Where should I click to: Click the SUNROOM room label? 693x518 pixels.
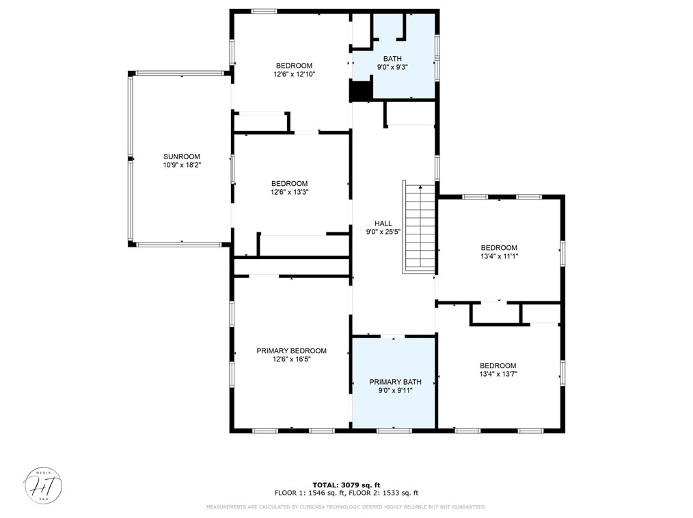pos(181,156)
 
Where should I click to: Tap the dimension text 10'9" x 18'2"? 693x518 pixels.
pos(181,165)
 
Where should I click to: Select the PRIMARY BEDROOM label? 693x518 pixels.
pos(291,351)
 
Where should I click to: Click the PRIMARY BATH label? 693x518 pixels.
pos(395,382)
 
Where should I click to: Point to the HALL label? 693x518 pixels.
pos(383,223)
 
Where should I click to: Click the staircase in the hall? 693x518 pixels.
pos(420,228)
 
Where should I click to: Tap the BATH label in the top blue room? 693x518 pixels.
pos(392,59)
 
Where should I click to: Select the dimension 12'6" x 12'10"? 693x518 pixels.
pos(294,74)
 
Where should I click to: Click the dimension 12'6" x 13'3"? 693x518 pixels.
pos(289,192)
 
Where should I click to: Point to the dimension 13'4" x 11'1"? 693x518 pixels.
pos(499,256)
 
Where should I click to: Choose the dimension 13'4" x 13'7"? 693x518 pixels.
pos(498,374)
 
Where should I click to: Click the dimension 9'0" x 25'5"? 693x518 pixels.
pos(383,232)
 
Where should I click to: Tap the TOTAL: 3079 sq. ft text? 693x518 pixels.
pos(346,485)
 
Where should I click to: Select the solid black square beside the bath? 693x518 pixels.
pos(361,90)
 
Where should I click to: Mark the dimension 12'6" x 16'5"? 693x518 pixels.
pos(291,359)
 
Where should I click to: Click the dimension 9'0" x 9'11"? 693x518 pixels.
pos(395,390)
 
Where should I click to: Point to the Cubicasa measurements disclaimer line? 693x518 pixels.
pos(346,507)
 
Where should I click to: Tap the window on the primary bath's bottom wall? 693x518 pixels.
pos(394,431)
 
